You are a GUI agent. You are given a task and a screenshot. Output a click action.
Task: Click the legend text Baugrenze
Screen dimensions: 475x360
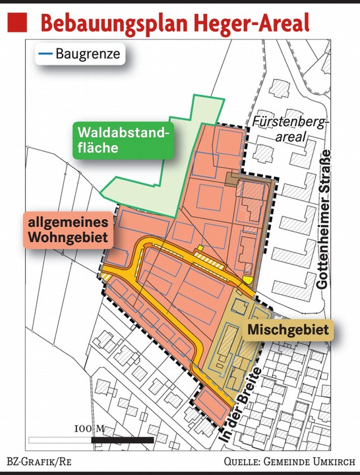click(x=88, y=54)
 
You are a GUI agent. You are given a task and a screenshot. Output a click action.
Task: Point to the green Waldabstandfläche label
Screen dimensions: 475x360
click(x=123, y=140)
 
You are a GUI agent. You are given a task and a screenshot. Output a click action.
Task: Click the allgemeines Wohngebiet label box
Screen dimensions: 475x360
click(x=68, y=229)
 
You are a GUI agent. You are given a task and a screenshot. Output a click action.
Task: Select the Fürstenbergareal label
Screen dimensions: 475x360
click(x=280, y=129)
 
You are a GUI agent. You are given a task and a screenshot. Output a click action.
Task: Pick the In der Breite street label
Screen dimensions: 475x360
click(x=241, y=409)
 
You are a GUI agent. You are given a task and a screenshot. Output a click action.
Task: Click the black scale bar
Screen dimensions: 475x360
click(x=112, y=439)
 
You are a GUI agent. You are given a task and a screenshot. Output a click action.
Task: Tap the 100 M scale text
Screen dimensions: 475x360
click(x=90, y=429)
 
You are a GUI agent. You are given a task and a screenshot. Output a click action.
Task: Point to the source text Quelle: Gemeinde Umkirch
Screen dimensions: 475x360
click(x=291, y=461)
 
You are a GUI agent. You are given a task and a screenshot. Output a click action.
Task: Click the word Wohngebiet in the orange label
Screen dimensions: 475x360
click(x=68, y=236)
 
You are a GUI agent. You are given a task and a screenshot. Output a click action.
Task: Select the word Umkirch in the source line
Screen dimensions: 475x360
click(x=336, y=461)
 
